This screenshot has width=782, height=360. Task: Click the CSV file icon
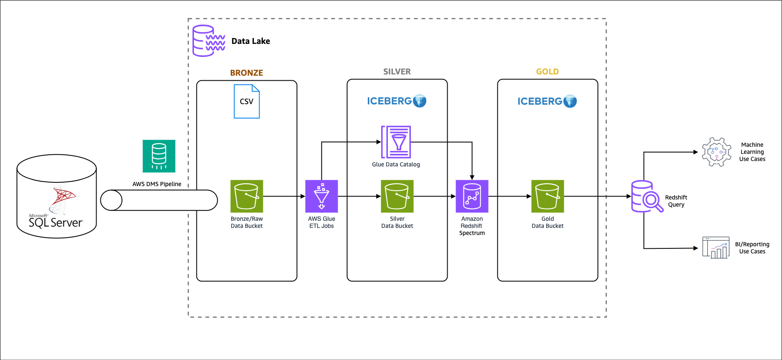[247, 102]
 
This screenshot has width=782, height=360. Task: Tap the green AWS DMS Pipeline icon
[159, 156]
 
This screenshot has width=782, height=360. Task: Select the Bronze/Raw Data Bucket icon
[247, 196]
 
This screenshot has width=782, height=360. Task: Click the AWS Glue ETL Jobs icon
[321, 196]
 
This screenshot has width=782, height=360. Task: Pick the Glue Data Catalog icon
[396, 142]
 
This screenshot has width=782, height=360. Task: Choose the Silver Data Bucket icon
[397, 196]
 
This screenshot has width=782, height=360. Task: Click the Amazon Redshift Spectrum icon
[472, 196]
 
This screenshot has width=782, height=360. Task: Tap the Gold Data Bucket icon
[548, 196]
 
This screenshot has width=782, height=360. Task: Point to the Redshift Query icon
[646, 197]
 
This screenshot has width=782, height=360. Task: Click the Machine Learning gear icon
[716, 152]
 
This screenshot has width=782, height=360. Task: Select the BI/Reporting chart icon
[716, 248]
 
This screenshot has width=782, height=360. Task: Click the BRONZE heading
[247, 73]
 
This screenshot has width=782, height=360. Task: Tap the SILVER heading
[397, 71]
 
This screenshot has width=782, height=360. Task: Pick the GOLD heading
[548, 71]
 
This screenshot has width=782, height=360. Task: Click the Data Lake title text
[251, 41]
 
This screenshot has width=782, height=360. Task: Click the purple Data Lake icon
[209, 41]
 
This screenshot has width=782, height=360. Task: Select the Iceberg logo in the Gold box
[547, 101]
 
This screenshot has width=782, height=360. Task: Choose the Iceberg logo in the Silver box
[397, 101]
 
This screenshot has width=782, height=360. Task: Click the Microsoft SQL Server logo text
[55, 222]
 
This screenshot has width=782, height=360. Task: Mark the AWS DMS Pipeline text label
[157, 184]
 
